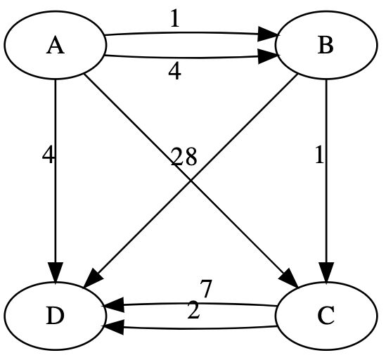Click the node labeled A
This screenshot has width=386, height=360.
coord(55,46)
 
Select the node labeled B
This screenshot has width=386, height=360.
coord(325,46)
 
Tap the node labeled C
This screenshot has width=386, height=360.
coord(325,316)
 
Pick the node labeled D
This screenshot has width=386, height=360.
coord(55,316)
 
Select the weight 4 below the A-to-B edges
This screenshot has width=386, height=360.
coord(174,71)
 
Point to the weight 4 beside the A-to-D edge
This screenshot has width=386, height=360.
coord(48,155)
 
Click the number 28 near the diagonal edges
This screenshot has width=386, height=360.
coord(184,157)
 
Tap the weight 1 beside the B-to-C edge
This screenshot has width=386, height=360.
coord(319,155)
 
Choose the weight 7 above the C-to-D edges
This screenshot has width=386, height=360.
coord(205,288)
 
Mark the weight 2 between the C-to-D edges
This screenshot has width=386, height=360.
coord(193,311)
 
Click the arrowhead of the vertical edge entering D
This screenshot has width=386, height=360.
coord(55,272)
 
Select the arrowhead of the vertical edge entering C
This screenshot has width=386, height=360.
coord(325,272)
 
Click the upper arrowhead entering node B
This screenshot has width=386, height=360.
coord(267,33)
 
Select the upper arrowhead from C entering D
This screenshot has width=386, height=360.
coord(113,307)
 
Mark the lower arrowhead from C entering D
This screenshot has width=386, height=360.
coord(113,326)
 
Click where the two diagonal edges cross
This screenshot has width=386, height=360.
coord(190,181)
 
